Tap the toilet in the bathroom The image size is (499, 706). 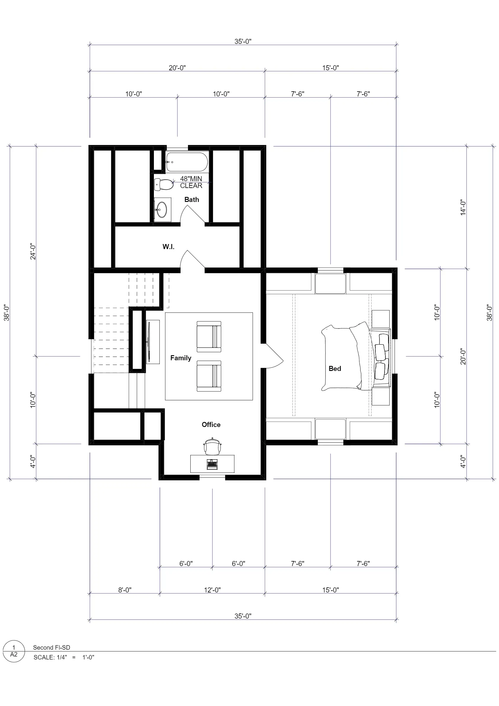coord(164,184)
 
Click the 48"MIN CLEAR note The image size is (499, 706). coord(191,182)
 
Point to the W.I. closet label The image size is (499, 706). coord(168,247)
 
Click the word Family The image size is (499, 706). coord(181,358)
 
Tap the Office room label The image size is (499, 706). coord(211,425)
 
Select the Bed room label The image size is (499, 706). coord(335,368)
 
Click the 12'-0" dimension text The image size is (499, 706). coord(212,590)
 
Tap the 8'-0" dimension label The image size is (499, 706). coord(125,590)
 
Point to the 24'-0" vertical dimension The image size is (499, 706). coord(33,251)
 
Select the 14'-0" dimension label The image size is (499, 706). coord(463,207)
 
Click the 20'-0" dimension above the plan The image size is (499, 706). coord(177,68)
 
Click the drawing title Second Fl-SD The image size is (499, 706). coord(52,648)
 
